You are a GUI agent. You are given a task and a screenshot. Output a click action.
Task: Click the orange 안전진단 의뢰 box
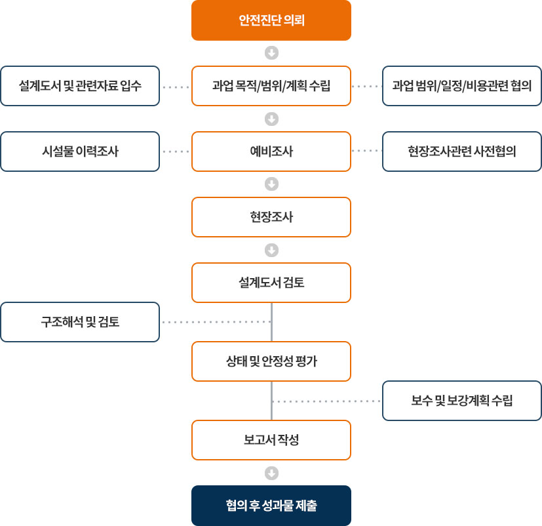[271, 20]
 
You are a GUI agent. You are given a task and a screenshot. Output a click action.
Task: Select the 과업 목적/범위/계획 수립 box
[271, 86]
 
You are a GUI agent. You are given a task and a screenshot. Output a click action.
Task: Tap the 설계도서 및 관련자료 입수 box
[80, 86]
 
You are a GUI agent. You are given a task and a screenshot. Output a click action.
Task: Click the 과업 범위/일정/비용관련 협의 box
[462, 86]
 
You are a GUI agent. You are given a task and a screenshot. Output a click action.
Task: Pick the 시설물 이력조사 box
[80, 152]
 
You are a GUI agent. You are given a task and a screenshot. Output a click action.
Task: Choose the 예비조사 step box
[271, 152]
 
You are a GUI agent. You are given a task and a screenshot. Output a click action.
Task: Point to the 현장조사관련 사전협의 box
[462, 152]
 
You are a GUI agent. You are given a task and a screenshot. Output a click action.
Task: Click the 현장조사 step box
[271, 217]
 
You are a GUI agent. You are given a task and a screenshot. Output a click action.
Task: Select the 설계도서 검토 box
[271, 283]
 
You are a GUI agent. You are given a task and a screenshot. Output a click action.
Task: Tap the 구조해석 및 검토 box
[80, 322]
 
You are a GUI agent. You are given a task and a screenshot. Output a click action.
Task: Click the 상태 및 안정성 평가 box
[271, 361]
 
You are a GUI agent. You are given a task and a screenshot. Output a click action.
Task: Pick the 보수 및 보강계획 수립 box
[462, 401]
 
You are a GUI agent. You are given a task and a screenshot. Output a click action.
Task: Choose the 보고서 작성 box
[271, 440]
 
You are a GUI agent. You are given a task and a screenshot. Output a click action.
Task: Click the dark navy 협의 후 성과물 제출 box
[271, 506]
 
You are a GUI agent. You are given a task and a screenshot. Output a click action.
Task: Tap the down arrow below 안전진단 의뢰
[272, 53]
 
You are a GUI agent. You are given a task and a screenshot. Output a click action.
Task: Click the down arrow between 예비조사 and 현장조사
[272, 184]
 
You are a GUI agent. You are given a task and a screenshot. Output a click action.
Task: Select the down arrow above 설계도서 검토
[272, 250]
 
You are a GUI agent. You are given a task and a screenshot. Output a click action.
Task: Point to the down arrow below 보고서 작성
[272, 473]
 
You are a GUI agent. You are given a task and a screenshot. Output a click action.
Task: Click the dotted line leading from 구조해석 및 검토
[216, 322]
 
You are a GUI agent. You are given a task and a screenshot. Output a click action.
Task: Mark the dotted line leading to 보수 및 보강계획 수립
[326, 401]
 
